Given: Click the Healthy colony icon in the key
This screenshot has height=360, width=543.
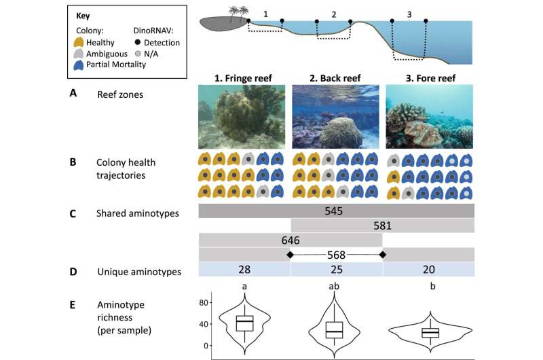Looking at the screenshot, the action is (79, 42).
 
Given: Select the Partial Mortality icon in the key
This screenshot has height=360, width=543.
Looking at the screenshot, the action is (79, 65).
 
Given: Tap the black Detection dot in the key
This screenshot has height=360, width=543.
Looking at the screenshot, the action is (138, 42).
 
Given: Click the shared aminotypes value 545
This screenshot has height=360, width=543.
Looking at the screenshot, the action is (333, 211).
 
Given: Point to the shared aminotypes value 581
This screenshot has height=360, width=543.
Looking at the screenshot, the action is (382, 226).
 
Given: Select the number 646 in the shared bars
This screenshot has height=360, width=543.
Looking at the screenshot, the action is (291, 240).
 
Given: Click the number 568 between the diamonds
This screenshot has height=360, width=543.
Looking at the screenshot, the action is (336, 255).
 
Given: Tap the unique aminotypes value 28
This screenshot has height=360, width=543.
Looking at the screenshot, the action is (244, 269).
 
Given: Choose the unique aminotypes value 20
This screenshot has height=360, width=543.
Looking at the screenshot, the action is (429, 269).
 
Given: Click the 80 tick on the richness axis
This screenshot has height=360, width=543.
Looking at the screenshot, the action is (204, 302).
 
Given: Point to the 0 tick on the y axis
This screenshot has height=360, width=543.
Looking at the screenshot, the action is (206, 346).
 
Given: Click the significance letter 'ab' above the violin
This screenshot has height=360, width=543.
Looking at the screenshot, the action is (334, 286).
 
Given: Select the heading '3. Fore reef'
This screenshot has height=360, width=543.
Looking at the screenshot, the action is (430, 78).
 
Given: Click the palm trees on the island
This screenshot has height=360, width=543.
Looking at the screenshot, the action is (239, 13).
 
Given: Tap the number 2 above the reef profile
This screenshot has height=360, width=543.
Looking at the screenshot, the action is (333, 14).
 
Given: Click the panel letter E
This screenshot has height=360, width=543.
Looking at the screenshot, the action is (73, 305).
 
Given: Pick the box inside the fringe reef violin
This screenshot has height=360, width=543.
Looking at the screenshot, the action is (244, 323).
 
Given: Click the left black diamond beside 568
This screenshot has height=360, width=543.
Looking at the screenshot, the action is (291, 255).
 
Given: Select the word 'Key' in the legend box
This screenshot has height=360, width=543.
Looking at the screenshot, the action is (83, 16).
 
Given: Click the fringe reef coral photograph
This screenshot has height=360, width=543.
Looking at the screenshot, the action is (242, 117).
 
